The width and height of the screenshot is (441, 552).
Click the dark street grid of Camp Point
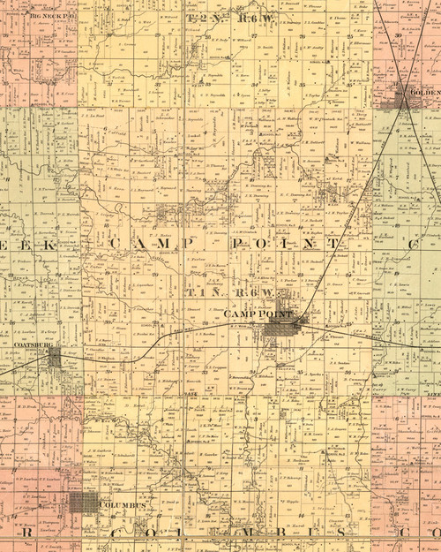pyautogui.click(x=281, y=329)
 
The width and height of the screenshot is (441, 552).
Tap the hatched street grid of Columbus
pyautogui.click(x=85, y=503)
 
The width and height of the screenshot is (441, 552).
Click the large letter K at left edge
pyautogui.click(x=48, y=243)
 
